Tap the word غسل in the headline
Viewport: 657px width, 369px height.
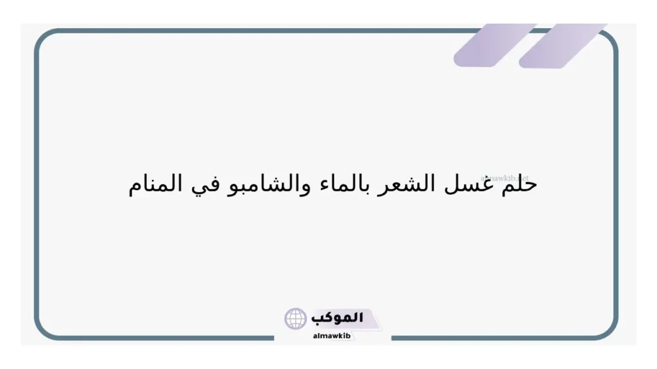point(482,184)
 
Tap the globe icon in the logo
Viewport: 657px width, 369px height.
point(296,318)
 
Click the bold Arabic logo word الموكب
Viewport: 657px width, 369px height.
point(337,318)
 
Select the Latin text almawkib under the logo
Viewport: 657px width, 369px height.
point(332,336)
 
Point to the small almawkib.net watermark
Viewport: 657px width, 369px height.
point(504,178)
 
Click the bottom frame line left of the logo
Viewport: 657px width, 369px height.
point(160,338)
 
